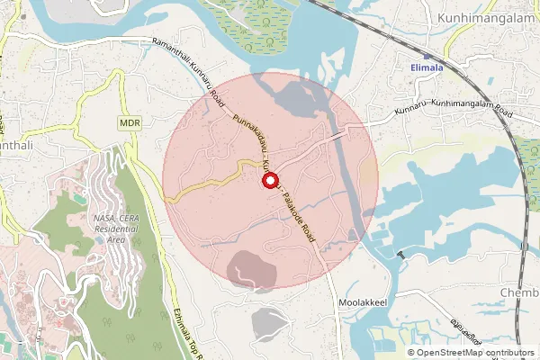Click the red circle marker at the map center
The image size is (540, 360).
point(269,181)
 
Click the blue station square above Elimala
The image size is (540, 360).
point(426,55)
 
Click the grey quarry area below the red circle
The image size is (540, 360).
point(271,322)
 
